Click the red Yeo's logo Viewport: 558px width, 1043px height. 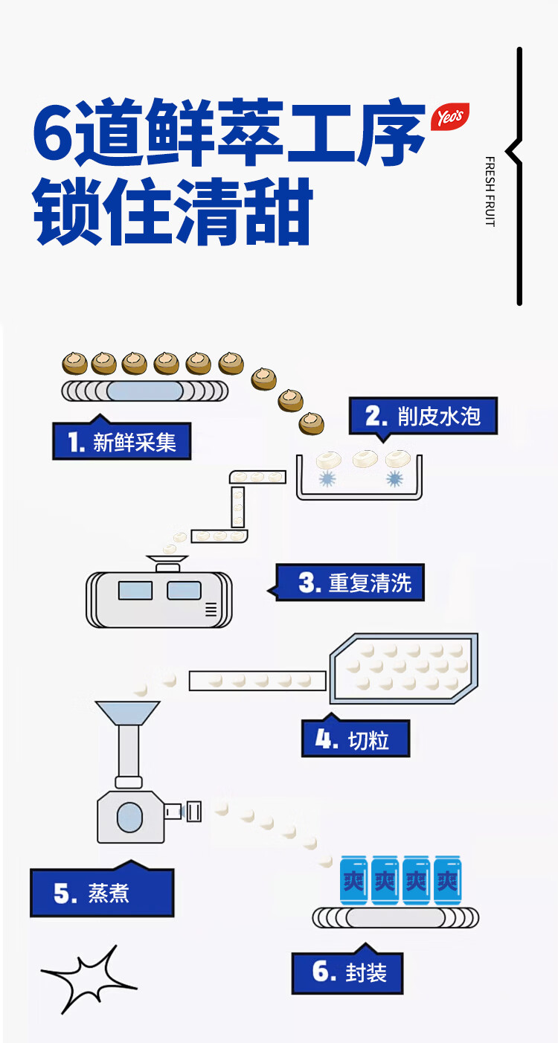pos(449,116)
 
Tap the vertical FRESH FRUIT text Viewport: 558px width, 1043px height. pos(490,191)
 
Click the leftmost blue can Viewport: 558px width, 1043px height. pos(353,881)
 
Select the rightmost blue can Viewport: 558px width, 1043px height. pos(448,881)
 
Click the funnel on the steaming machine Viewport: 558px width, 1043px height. pos(127,713)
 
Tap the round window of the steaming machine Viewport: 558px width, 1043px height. pos(129,817)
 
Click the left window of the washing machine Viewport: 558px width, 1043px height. pos(135,590)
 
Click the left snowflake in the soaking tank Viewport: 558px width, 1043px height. pos(327,478)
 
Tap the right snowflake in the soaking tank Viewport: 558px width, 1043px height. pos(395,478)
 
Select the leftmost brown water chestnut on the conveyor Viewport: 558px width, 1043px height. pos(75,363)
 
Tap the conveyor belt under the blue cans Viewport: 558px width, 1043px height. pos(396,918)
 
